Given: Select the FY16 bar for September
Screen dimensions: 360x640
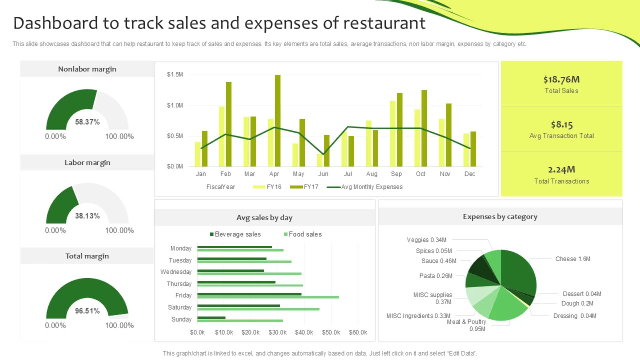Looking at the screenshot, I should coord(393,134).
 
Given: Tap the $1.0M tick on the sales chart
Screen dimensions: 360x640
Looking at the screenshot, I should coord(175,105).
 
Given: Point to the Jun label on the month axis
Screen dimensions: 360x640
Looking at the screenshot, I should coord(323,174).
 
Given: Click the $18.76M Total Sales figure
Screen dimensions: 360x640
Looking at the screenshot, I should coord(561,79).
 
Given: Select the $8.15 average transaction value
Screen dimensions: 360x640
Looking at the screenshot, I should coord(561,125).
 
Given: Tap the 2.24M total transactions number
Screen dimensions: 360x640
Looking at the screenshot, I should coord(561,170).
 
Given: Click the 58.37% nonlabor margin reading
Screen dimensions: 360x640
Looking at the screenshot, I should coord(87,122).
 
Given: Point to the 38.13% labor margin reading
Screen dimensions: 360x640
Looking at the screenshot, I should coord(87,216).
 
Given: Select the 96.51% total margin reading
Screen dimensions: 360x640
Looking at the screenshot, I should coord(87,311).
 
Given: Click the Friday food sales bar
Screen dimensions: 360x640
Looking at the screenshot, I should coord(268,297).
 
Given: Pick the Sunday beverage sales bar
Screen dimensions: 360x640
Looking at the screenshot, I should coord(211,318).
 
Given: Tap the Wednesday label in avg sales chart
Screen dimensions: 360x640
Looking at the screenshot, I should coord(176,272).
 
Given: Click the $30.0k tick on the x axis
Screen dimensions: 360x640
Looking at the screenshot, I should coord(277,332).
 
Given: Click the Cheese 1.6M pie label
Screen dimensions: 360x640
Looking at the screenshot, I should coord(573,259).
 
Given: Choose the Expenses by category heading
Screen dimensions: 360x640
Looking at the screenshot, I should coord(500,217).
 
